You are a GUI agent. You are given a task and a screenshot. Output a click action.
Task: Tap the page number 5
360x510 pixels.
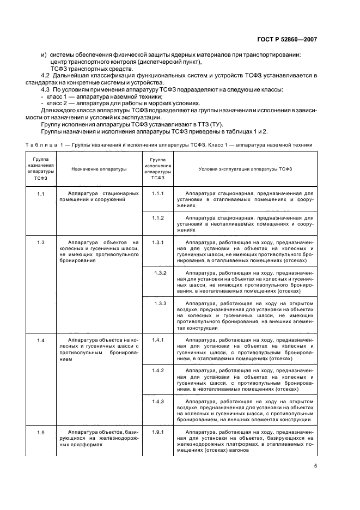click(315, 466)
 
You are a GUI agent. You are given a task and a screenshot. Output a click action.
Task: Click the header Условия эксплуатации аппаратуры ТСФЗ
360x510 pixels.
click(245, 169)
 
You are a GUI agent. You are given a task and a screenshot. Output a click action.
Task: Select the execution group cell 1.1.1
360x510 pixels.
click(158, 194)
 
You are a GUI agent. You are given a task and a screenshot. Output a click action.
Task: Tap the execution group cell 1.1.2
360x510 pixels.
click(158, 218)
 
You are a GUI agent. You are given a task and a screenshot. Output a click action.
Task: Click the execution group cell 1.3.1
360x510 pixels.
click(158, 242)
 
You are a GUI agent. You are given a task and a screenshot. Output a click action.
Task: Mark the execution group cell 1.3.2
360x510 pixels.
click(160, 272)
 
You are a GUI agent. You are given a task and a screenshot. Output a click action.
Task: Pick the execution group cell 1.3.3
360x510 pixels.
click(160, 303)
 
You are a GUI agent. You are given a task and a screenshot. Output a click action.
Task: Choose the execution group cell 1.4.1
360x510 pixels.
click(158, 341)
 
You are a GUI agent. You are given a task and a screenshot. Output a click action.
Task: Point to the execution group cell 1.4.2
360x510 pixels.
click(158, 371)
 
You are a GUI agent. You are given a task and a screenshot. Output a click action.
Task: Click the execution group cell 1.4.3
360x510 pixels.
click(158, 402)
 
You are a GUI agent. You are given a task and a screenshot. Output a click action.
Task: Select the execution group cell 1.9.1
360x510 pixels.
click(158, 433)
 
